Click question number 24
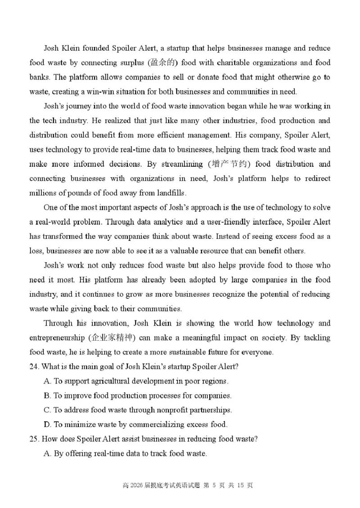[34, 366]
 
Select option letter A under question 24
[47, 381]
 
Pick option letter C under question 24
[47, 410]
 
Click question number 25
[34, 439]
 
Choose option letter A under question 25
[47, 454]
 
